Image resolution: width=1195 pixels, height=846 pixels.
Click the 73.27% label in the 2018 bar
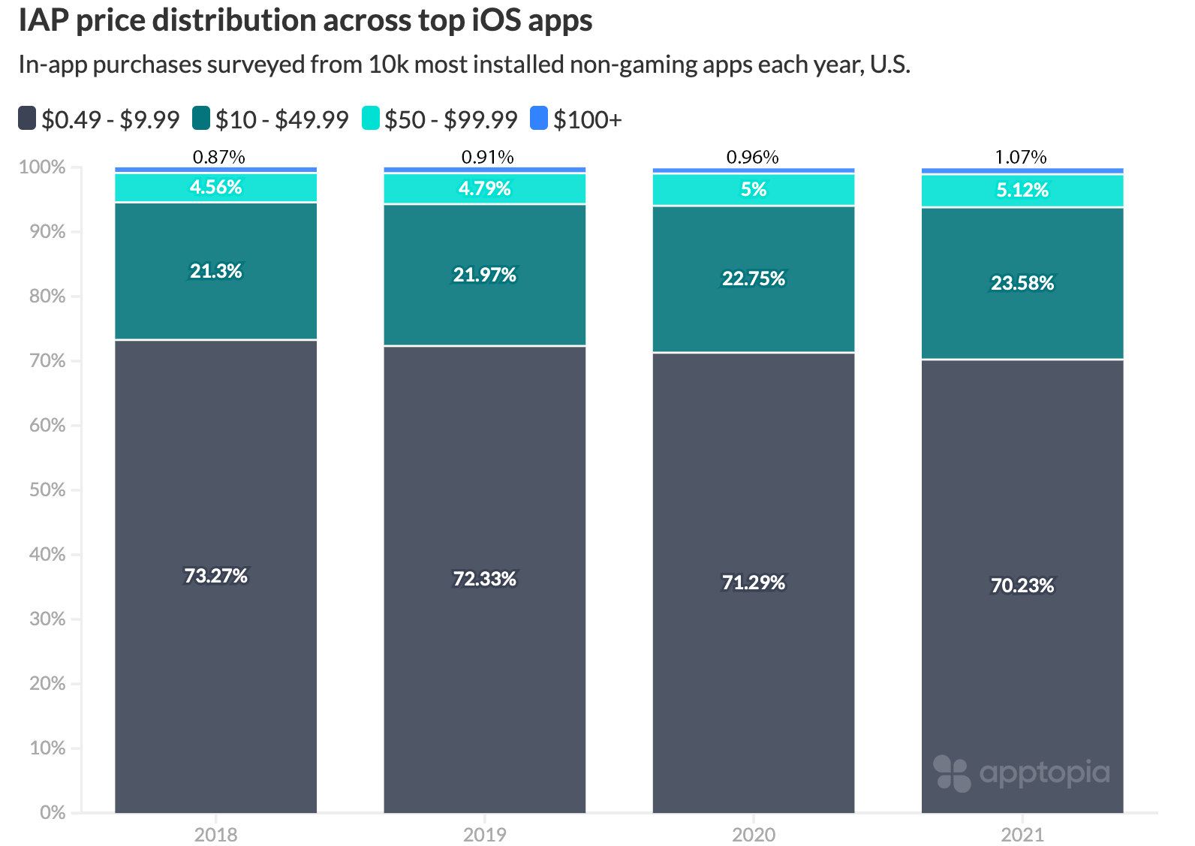click(x=215, y=576)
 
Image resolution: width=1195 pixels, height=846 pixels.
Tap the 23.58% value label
click(x=1022, y=283)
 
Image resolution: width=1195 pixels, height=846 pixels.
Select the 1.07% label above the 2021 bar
click(x=1020, y=157)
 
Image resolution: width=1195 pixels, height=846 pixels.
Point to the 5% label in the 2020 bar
click(x=753, y=189)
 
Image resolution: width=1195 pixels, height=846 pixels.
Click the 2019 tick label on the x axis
click(x=484, y=834)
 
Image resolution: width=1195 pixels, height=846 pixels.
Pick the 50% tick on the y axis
click(x=47, y=490)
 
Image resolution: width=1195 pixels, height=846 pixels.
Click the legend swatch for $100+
click(x=539, y=119)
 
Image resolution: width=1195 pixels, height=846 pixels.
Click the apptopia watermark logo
click(x=1022, y=772)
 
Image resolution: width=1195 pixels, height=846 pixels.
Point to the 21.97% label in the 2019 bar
click(x=484, y=275)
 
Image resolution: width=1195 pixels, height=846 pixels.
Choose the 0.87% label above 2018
click(x=218, y=157)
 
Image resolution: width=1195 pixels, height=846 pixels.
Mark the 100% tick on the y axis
click(x=43, y=167)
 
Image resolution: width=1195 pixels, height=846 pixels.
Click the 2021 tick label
click(x=1022, y=834)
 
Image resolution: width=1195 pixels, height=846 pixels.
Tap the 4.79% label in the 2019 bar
click(x=484, y=188)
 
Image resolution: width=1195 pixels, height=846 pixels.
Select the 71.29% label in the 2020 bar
click(x=753, y=583)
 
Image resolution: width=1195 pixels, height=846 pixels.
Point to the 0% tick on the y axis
click(x=53, y=812)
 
